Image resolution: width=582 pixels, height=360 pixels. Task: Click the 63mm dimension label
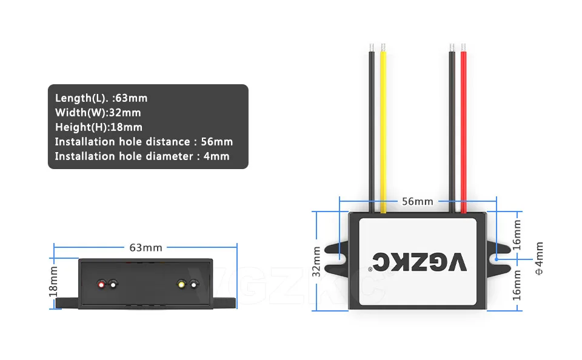pos(145,247)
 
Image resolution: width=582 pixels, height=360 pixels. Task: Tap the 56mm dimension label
pos(418,201)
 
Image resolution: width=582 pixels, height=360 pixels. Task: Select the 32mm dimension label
pos(316,261)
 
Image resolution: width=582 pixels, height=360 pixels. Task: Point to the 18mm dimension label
pos(53,281)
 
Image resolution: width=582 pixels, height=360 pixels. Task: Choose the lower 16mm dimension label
pos(517,284)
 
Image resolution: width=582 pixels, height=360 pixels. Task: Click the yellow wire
pos(383,127)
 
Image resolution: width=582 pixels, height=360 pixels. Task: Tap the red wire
pos(464,127)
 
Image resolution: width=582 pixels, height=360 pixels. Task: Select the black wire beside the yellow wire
pos(372,127)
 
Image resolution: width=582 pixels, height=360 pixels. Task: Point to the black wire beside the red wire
pos(452,127)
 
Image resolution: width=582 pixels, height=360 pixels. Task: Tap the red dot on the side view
pos(101,284)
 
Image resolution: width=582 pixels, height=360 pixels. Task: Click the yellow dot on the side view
pos(181,284)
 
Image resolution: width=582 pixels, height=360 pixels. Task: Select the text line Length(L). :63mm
pos(101,98)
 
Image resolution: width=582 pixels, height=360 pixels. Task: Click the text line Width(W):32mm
pos(98,112)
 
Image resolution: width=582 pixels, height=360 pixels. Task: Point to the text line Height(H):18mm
pos(99,127)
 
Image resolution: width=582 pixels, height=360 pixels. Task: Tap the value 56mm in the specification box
pos(217,141)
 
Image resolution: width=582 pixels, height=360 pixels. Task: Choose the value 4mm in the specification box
pos(216,156)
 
